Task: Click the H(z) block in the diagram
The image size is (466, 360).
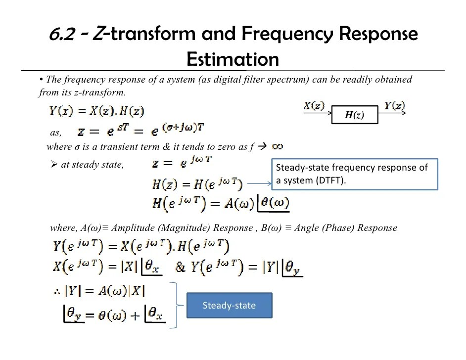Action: pos(355,115)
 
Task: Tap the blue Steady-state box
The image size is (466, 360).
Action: pos(229,305)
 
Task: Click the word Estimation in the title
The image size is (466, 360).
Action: pos(233,59)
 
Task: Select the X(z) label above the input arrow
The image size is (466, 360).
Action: pos(314,106)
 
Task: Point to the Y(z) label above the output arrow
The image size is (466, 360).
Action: pos(394,105)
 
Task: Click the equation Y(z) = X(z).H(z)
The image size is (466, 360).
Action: pos(97,111)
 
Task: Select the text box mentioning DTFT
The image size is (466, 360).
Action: pos(355,174)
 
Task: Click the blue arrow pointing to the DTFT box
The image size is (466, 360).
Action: pos(259,184)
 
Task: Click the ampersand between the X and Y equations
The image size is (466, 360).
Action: pos(181,267)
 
